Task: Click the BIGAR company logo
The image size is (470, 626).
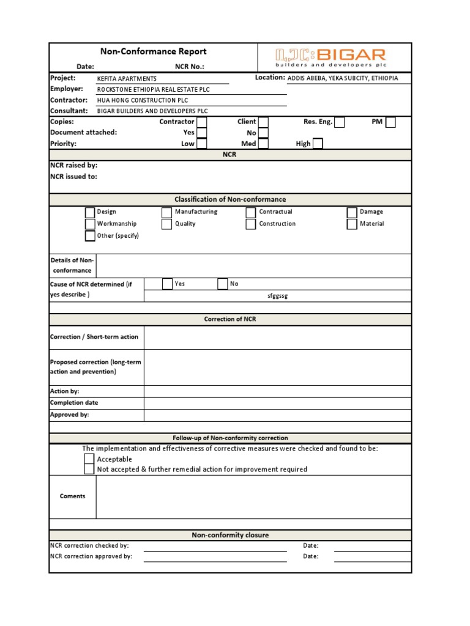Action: (330, 57)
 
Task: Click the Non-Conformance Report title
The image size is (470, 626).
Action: (154, 52)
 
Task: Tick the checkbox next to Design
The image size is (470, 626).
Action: (90, 212)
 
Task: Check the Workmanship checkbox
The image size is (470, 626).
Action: (90, 224)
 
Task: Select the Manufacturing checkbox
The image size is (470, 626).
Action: (166, 212)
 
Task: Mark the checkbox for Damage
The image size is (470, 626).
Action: (352, 212)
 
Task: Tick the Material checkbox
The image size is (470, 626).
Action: (352, 224)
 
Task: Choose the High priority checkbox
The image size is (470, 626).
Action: (318, 144)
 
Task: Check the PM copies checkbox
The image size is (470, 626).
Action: (390, 122)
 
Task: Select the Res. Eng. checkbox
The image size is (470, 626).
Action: (339, 122)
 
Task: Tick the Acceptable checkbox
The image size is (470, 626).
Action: (89, 459)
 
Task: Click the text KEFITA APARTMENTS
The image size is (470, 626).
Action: (127, 79)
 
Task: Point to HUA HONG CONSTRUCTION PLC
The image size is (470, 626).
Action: (143, 100)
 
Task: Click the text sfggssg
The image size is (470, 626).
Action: (277, 296)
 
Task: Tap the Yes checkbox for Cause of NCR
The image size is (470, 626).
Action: (167, 284)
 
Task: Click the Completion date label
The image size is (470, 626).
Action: (73, 403)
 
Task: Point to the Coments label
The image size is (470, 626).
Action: (72, 496)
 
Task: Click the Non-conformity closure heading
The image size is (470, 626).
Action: (230, 536)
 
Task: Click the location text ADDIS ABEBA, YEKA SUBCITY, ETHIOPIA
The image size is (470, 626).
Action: (343, 78)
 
